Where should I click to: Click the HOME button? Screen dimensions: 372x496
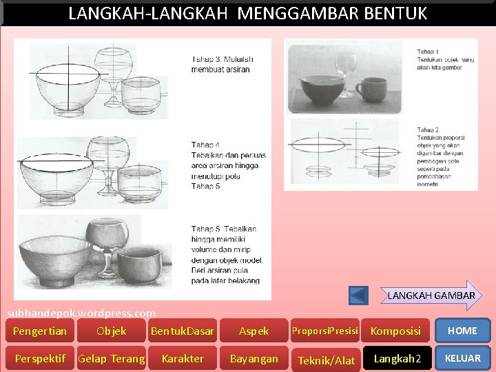[462, 331]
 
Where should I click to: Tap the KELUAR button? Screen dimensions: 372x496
[462, 358]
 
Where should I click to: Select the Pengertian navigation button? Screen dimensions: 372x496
[40, 331]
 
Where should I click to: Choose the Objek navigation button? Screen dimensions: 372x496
[112, 331]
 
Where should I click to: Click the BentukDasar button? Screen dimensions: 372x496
[183, 331]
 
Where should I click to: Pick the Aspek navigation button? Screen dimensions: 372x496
[254, 331]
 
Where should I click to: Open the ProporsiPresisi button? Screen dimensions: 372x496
[325, 331]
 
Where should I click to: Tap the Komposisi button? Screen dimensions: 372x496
[395, 331]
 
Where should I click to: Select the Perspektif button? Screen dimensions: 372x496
[39, 358]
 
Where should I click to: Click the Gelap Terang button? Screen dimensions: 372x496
[112, 358]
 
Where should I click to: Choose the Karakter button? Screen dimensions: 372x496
[183, 358]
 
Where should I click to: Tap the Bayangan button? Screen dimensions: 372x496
[254, 358]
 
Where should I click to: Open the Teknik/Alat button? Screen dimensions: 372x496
[326, 360]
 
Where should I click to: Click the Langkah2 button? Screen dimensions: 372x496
[397, 358]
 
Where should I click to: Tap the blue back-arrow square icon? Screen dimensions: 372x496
[358, 296]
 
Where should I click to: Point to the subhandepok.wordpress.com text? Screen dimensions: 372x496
[81, 313]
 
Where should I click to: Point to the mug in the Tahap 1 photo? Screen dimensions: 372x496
[372, 89]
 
